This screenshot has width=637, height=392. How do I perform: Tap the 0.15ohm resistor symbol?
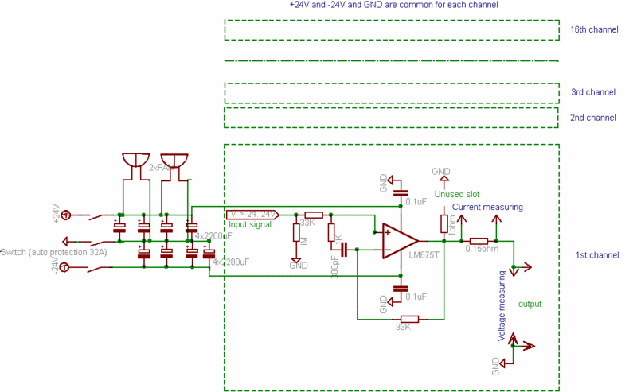[479, 241]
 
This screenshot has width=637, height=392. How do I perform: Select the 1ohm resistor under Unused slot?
[444, 223]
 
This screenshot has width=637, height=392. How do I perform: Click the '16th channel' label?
[594, 30]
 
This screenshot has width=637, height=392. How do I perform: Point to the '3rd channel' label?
[593, 93]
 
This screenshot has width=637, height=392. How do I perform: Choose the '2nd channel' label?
[593, 118]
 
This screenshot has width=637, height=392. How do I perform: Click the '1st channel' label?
[596, 255]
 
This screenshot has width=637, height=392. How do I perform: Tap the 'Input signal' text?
[249, 225]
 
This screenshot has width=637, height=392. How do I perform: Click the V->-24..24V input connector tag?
[252, 215]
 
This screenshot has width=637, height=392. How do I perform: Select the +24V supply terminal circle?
[66, 215]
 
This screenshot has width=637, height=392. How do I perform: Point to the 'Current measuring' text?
[487, 208]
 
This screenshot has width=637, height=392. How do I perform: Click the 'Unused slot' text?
[457, 194]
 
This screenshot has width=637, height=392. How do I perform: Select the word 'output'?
[530, 304]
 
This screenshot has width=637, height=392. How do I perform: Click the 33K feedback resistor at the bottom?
[405, 318]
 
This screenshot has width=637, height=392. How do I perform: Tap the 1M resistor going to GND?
[296, 232]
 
